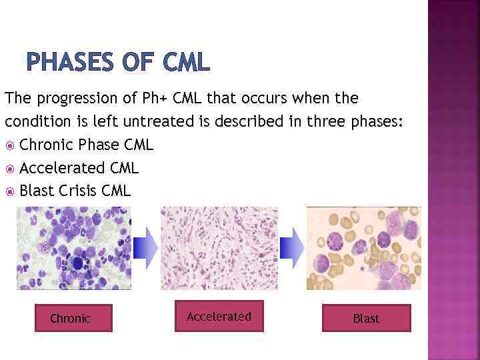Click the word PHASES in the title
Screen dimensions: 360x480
(71, 62)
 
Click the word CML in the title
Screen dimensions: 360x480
(185, 62)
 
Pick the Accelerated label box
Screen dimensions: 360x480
(219, 316)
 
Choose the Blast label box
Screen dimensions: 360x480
(366, 318)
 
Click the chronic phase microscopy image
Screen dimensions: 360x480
(73, 248)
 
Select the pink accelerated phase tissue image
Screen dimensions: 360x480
(219, 248)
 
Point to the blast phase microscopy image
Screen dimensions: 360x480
(364, 248)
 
